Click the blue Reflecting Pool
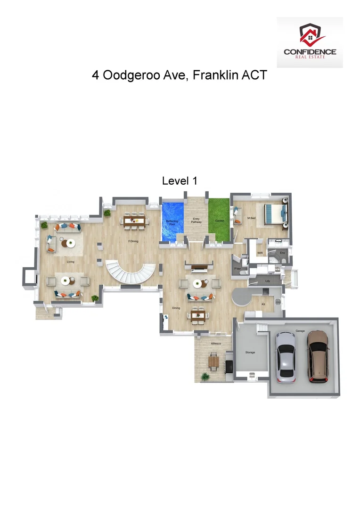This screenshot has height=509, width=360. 172,220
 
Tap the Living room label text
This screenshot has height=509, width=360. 70,262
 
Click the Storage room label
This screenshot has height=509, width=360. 250,352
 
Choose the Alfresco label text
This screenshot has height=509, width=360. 216,344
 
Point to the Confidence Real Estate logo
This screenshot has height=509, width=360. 310,42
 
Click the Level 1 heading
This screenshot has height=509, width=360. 179,181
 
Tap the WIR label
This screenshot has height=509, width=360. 260,253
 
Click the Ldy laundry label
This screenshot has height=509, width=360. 267,281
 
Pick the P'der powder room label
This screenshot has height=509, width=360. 237,268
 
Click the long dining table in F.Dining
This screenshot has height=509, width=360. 135,219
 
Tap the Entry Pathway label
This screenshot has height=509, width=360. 196,220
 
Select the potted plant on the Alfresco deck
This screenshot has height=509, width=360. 205,376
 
